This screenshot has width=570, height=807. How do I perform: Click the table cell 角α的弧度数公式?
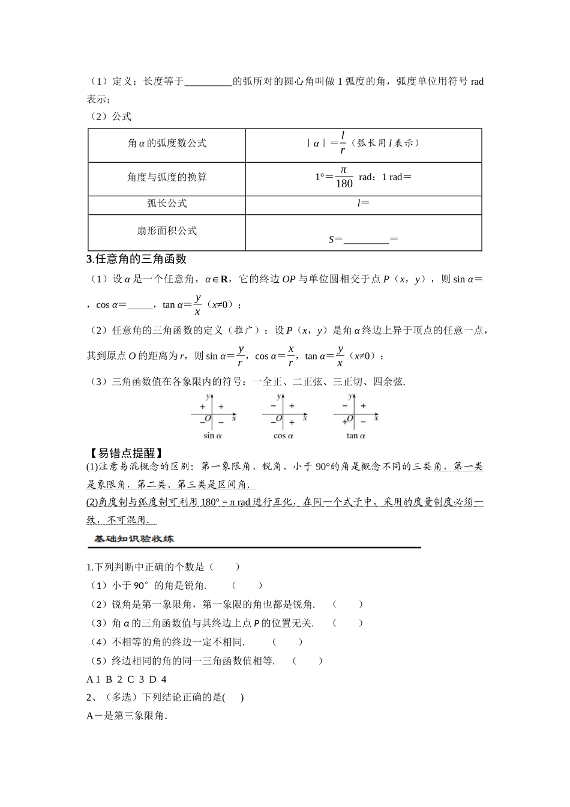(167, 144)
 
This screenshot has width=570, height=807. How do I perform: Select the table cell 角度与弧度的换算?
(167, 177)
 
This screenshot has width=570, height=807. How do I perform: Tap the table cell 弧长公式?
(167, 204)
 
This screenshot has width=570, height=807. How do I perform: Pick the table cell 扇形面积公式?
(167, 231)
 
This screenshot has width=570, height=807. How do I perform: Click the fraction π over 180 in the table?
(344, 177)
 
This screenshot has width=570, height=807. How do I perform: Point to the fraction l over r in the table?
(343, 143)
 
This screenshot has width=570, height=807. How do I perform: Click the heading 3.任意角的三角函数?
(136, 259)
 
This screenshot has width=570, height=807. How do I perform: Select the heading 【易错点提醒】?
(125, 453)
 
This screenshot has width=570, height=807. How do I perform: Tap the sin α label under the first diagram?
(212, 435)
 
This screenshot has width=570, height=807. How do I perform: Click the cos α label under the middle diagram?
(283, 435)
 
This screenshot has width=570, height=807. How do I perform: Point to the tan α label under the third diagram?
(355, 435)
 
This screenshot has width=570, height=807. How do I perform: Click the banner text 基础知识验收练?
(134, 539)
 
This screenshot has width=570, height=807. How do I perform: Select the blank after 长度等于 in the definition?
(208, 82)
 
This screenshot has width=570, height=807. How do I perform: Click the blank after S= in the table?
(366, 240)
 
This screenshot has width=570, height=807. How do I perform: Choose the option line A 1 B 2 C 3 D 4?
(127, 679)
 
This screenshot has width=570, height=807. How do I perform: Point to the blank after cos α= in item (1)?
(140, 305)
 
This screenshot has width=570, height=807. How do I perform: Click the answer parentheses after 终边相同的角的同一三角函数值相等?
(308, 660)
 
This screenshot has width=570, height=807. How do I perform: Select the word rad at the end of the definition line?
(476, 82)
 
